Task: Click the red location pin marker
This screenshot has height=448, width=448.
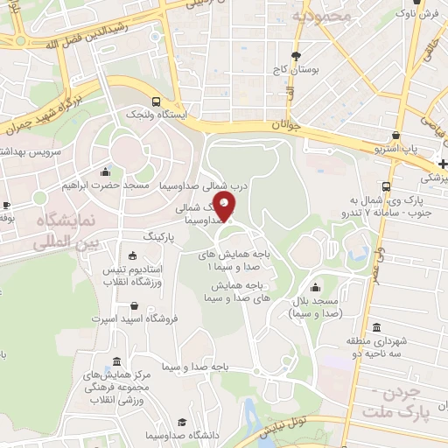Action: [x=225, y=208]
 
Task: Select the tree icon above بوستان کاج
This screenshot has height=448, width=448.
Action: [x=297, y=52]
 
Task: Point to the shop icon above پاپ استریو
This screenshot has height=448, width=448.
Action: [x=398, y=136]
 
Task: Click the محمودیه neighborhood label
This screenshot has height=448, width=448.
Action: [x=321, y=16]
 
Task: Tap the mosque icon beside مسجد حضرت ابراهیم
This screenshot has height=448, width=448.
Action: [x=106, y=171]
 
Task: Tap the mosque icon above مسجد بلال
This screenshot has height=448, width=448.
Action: [x=314, y=288]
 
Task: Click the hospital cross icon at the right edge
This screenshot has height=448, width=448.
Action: [x=443, y=164]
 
